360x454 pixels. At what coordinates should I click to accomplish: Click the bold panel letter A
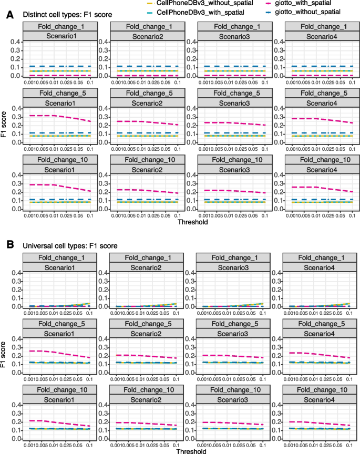(9, 16)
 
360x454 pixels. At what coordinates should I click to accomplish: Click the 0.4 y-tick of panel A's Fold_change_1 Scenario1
(18, 42)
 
